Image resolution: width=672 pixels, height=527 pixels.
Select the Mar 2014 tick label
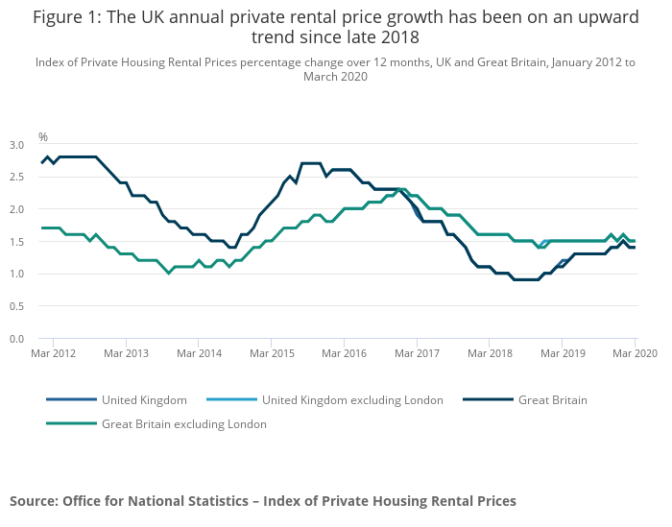pos(198,354)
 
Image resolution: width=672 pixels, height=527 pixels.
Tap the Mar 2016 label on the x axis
pos(343,354)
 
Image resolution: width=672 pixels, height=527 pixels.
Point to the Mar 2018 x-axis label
pos(489,354)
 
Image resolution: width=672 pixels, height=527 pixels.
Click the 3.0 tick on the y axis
pos(17,145)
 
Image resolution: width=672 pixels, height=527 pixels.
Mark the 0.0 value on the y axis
pos(17,339)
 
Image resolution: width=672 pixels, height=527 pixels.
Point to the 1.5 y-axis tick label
pos(17,242)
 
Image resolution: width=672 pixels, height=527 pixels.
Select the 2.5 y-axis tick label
pos(17,178)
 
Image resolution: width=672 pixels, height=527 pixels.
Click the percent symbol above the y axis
pos(43,137)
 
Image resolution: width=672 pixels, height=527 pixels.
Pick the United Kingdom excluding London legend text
pos(352,400)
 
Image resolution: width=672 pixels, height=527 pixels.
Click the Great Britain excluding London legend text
pos(184,423)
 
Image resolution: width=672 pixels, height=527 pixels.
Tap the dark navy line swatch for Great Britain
pos(488,400)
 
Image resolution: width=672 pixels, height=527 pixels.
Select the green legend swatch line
pos(72,423)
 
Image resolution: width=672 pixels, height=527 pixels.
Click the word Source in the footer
pos(34,501)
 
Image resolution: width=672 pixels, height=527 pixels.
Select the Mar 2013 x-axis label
pos(125,354)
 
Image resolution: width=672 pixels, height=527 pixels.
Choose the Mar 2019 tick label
pos(562,354)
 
